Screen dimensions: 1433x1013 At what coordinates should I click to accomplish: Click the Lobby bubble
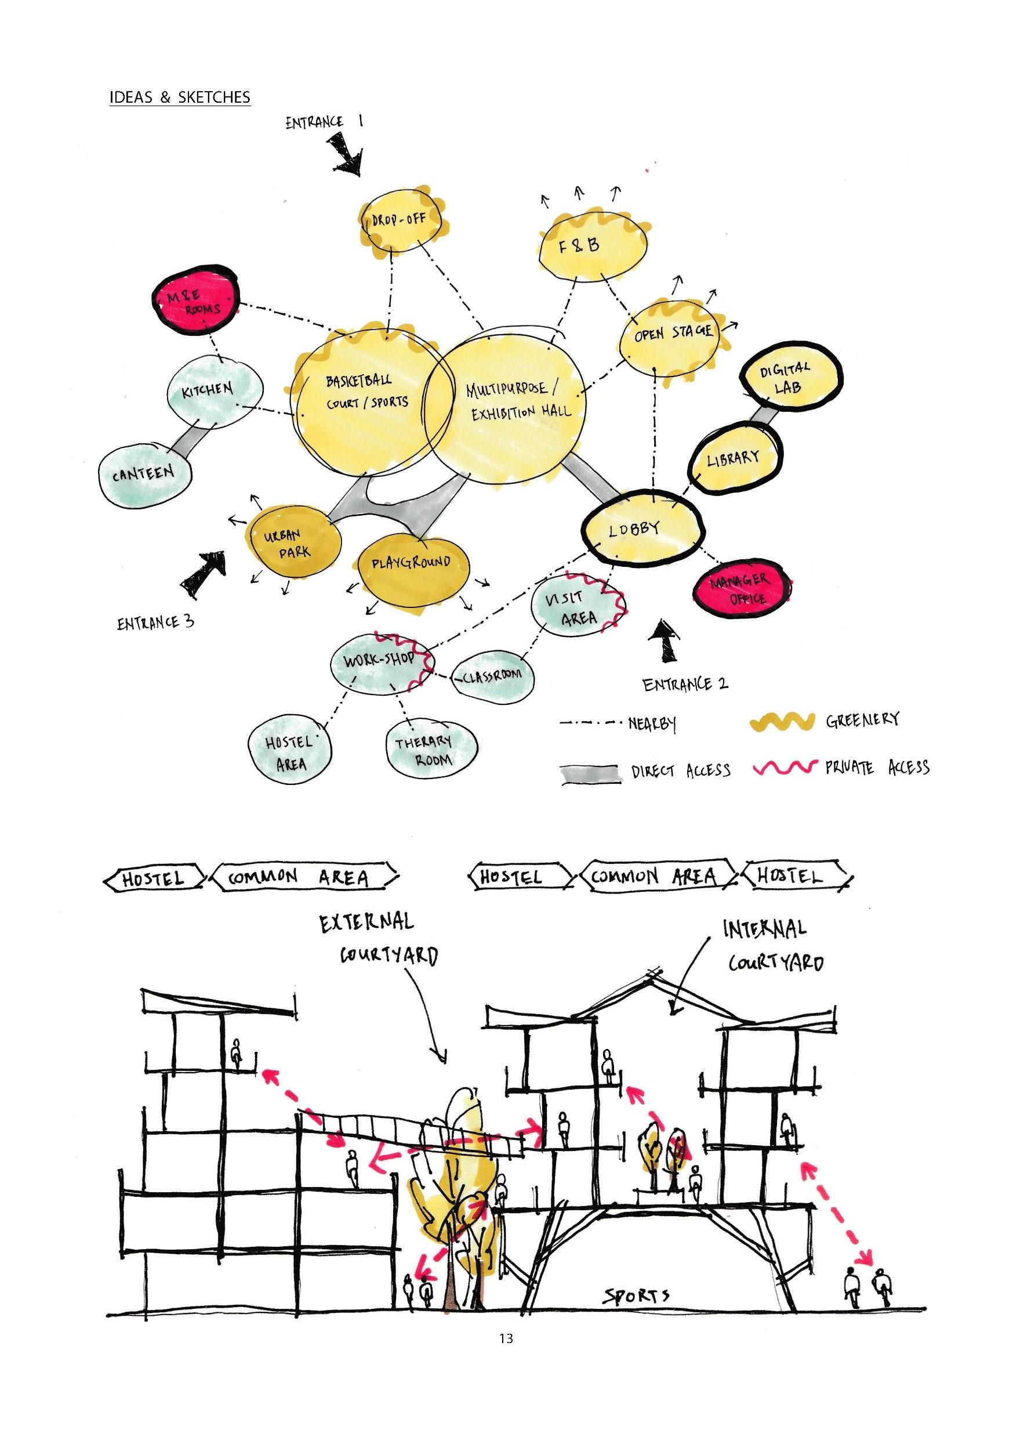click(x=642, y=530)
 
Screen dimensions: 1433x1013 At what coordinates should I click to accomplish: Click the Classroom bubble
click(x=493, y=676)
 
